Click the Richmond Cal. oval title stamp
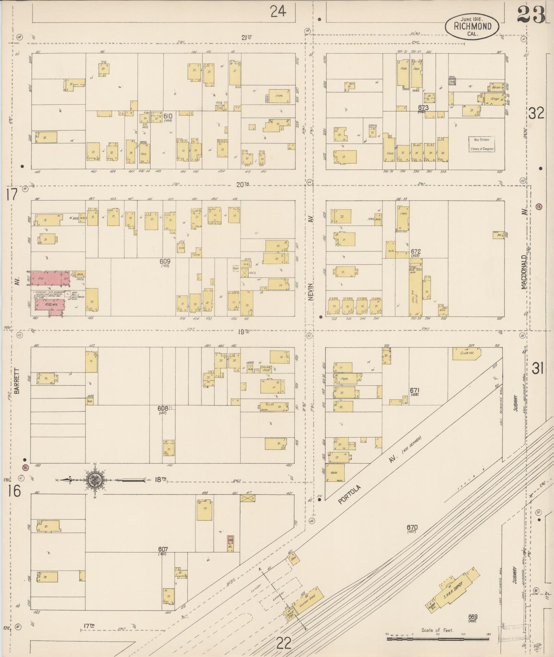(472, 26)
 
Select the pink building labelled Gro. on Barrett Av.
(50, 279)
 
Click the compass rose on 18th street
(94, 479)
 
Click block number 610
(168, 116)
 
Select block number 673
(423, 108)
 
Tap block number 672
(416, 252)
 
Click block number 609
(165, 261)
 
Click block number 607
(163, 549)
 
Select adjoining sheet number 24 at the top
(278, 11)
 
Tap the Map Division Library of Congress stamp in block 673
(482, 144)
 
